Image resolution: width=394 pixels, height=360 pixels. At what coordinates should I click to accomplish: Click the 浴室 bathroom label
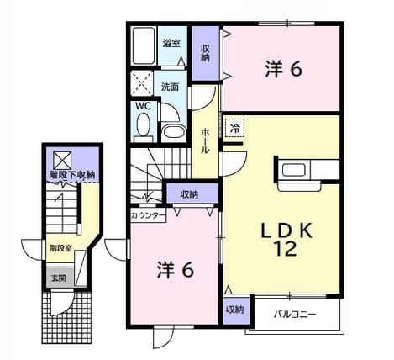(171, 43)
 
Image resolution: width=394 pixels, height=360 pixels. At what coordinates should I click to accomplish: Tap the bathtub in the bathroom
(144, 46)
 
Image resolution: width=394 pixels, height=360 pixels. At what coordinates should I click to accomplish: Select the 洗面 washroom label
(170, 87)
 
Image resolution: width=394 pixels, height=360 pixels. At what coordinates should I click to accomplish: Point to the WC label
(144, 106)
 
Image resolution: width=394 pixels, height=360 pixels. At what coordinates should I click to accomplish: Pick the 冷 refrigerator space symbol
(235, 129)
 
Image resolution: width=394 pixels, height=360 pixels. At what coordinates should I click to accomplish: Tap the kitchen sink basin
(294, 170)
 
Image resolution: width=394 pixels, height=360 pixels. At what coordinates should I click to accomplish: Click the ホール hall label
(205, 140)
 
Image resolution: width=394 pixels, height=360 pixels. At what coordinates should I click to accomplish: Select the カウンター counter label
(148, 215)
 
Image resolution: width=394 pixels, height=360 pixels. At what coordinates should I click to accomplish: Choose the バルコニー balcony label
(295, 314)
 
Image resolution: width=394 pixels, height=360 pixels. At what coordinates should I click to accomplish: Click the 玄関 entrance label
(59, 278)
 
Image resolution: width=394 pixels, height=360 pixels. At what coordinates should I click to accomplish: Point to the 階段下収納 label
(72, 175)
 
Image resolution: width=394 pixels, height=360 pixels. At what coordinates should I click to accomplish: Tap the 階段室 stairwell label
(60, 248)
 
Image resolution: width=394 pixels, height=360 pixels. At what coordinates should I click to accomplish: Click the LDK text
(286, 231)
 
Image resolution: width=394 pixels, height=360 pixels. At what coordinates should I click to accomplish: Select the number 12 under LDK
(286, 249)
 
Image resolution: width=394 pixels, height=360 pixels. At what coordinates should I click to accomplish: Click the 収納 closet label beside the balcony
(235, 310)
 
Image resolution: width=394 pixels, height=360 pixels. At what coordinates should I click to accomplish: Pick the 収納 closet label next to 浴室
(205, 53)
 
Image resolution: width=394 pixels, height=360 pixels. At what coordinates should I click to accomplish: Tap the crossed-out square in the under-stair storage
(62, 161)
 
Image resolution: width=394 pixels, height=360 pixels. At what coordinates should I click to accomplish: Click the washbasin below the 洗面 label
(174, 132)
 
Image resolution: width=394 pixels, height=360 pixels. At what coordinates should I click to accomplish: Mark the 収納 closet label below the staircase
(189, 194)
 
